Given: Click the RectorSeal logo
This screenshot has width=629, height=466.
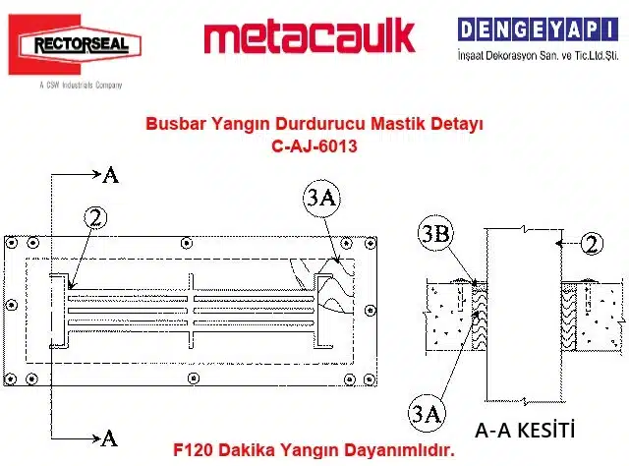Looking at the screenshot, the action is (75, 44).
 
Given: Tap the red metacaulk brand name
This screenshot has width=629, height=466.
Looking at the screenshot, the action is (309, 37).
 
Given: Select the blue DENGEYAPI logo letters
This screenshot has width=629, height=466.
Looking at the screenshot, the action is (538, 29).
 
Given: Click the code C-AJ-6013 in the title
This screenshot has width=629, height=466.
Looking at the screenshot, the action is (314, 146).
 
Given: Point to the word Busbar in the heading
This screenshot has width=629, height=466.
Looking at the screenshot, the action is (175, 123).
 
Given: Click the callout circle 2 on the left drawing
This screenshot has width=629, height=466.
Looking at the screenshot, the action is (96, 218).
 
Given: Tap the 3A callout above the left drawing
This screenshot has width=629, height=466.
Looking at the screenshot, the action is (321, 198).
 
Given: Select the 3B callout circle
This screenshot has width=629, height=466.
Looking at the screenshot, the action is (435, 234).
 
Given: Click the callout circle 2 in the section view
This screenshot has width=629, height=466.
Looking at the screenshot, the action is (592, 243).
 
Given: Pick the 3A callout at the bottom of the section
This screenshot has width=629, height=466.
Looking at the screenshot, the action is (427, 413).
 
